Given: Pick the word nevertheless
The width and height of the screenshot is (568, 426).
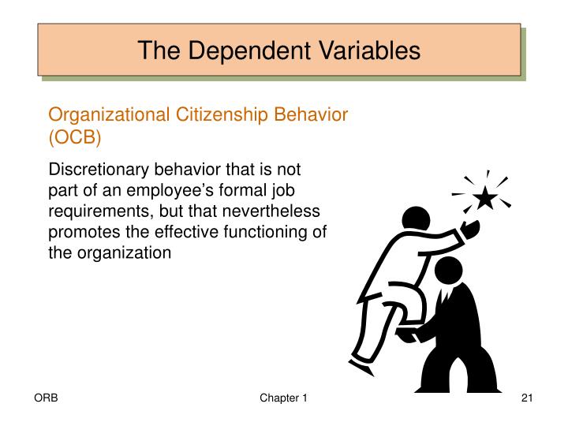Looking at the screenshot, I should click(272, 211).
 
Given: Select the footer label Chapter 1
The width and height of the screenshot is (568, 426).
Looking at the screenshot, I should click(283, 399).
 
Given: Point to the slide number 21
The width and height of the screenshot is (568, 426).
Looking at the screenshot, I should click(528, 399).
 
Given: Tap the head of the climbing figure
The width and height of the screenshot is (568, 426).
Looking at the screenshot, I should click(413, 219).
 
